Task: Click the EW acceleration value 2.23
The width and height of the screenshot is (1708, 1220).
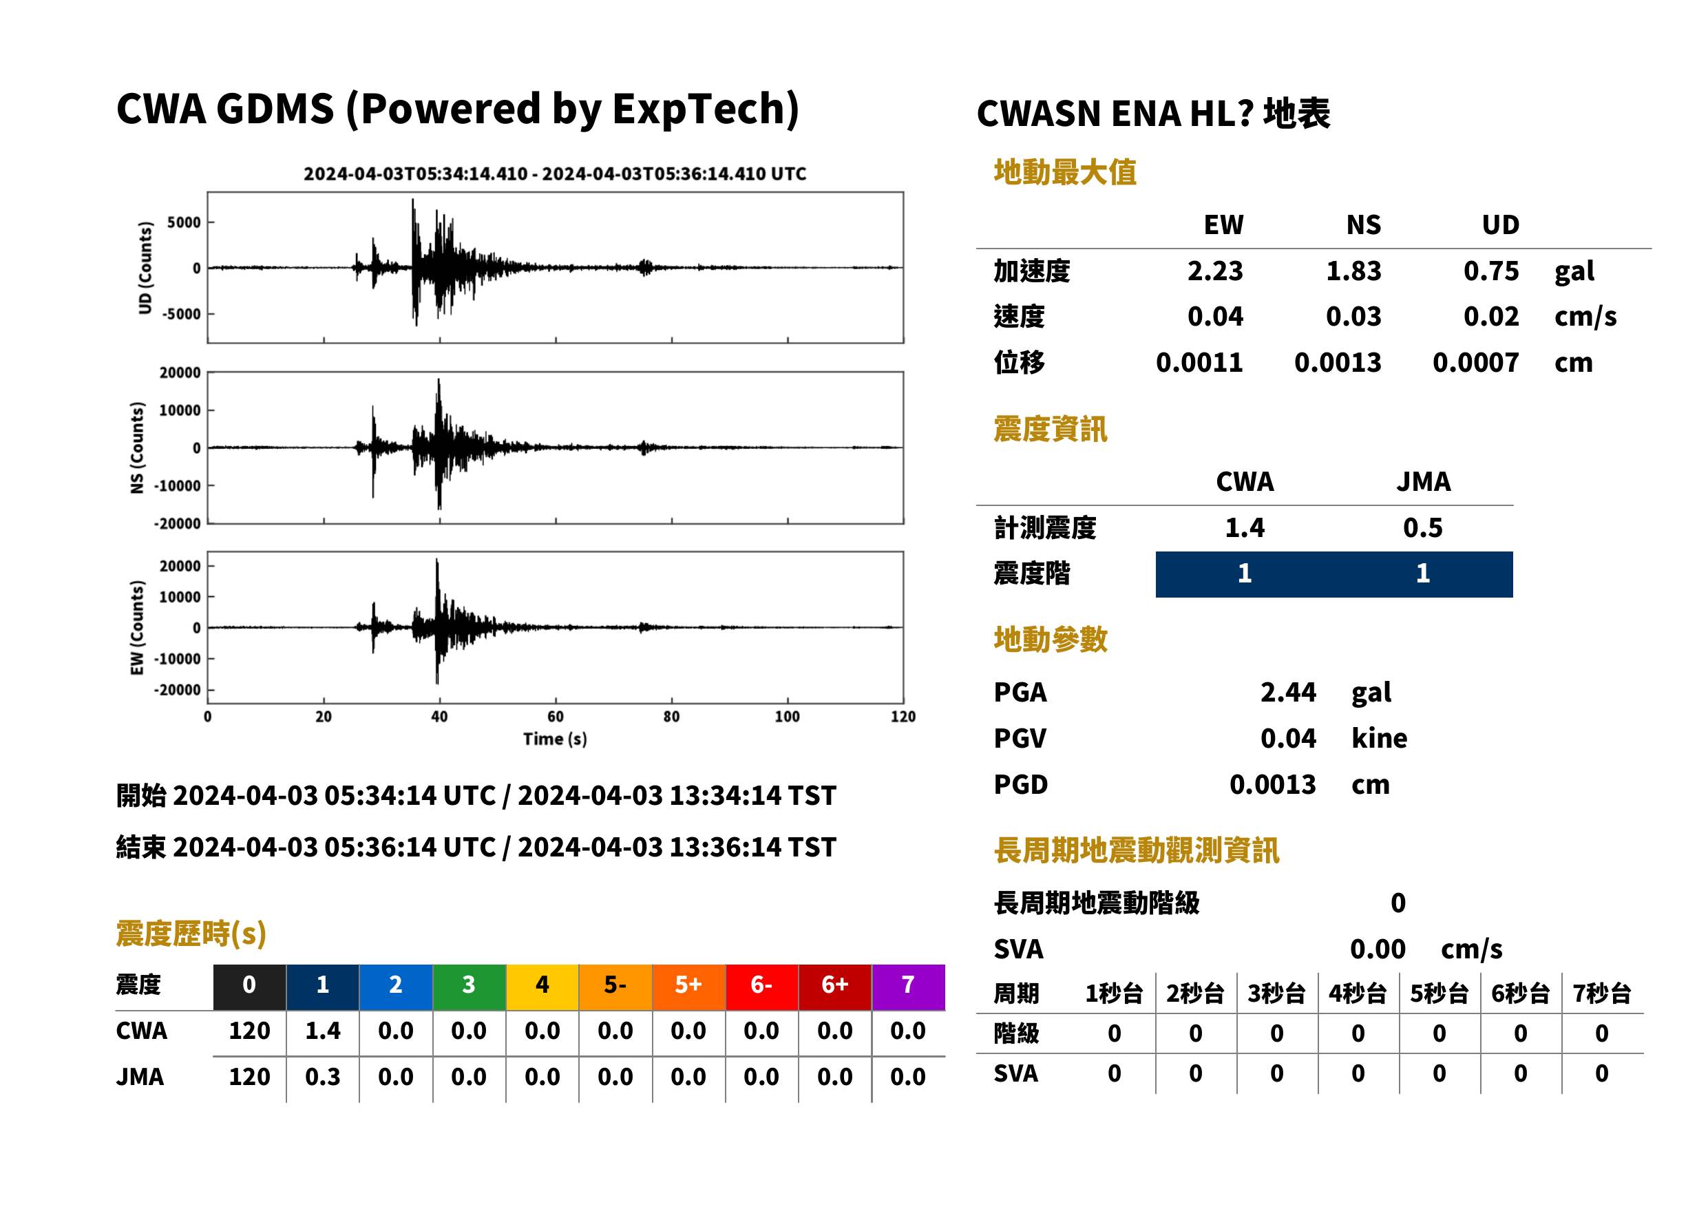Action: (x=1214, y=271)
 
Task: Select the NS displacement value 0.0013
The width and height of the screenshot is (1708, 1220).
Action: (x=1338, y=362)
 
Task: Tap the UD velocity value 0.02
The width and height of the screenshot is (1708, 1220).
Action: (x=1491, y=316)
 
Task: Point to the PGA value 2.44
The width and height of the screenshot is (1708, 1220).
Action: (x=1287, y=692)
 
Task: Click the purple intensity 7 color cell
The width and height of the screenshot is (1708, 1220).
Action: (x=908, y=987)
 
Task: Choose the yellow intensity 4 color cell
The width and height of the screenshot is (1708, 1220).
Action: (x=542, y=987)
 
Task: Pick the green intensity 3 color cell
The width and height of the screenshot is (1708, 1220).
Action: (x=469, y=987)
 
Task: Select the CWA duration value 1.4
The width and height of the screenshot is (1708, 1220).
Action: (x=323, y=1031)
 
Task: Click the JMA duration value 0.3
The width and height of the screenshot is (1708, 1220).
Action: (x=323, y=1077)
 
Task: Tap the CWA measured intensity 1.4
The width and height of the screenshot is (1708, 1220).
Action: (x=1245, y=527)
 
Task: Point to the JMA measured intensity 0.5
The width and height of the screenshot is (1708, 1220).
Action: (x=1422, y=527)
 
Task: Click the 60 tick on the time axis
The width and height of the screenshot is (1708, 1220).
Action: (x=555, y=717)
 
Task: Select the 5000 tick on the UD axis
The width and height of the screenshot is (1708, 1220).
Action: (x=184, y=222)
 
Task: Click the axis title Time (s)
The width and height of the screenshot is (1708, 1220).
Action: (x=555, y=739)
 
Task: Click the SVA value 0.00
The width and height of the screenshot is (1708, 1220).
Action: (x=1378, y=949)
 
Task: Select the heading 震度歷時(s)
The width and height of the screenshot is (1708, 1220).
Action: (x=191, y=934)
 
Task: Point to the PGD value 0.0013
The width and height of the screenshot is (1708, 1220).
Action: (x=1272, y=784)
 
